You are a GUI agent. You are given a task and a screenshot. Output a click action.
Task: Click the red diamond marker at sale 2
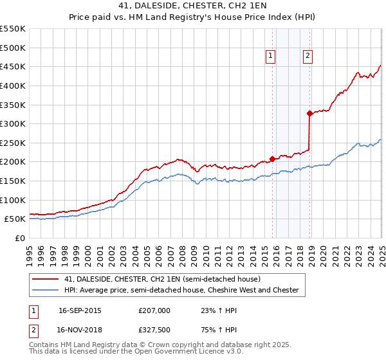(x=309, y=113)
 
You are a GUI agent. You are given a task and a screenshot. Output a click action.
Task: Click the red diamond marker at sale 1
(x=272, y=159)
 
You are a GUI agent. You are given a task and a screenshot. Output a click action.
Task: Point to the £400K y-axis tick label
(x=13, y=85)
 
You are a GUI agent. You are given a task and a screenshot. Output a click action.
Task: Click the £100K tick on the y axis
(x=13, y=200)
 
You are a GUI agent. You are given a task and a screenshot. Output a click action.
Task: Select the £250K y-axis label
(x=13, y=143)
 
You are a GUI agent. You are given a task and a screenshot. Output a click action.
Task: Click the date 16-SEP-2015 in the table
(x=80, y=310)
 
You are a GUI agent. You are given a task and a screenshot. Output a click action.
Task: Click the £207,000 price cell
(x=154, y=310)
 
